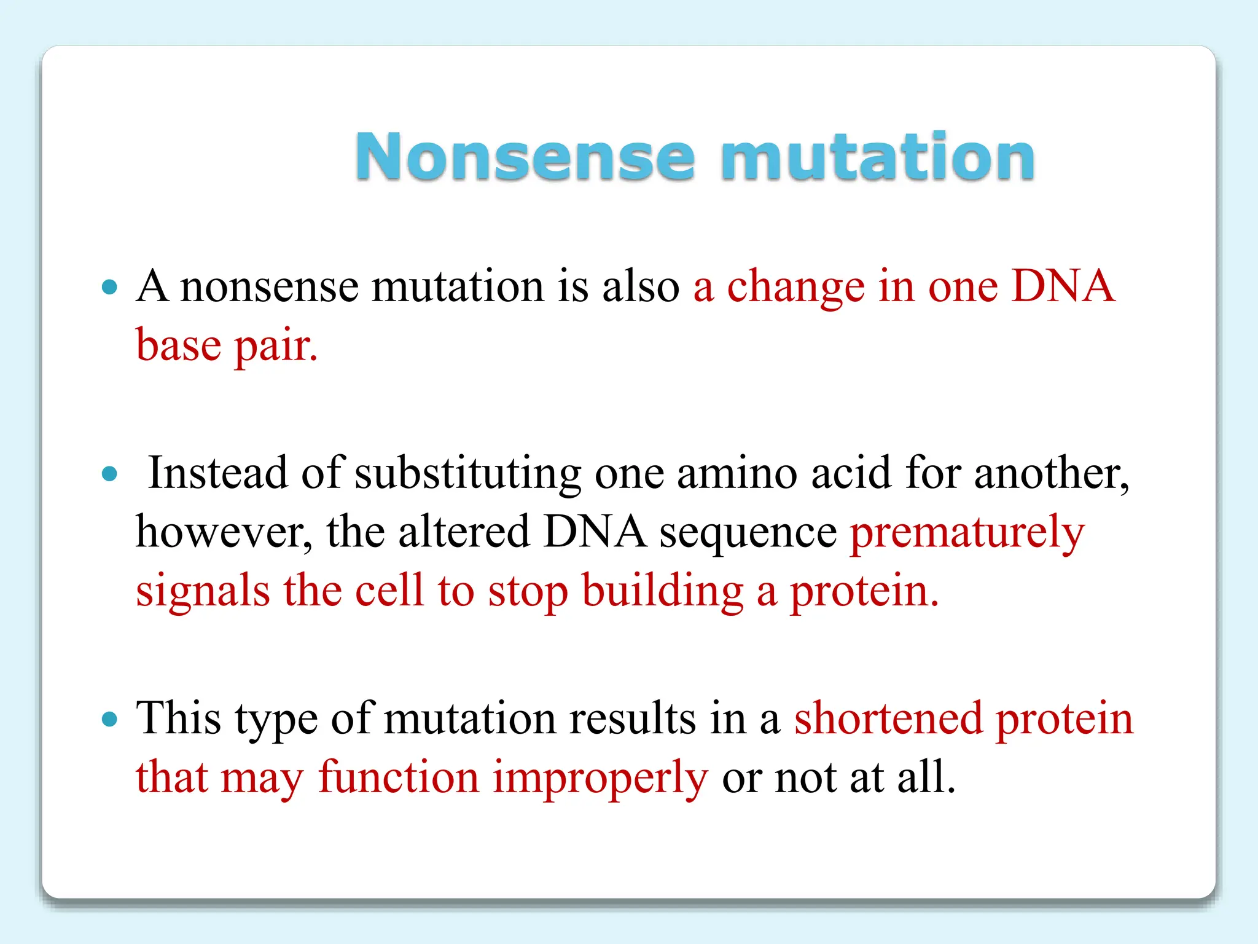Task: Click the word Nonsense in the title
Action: [525, 157]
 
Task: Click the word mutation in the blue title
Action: [878, 157]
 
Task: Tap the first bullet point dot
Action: [109, 286]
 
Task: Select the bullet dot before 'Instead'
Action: [109, 473]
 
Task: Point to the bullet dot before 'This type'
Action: [109, 718]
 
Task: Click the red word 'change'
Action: [795, 287]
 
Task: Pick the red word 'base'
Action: [178, 345]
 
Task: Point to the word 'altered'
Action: [464, 532]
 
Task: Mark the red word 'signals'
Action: [203, 591]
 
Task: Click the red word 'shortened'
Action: [888, 718]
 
